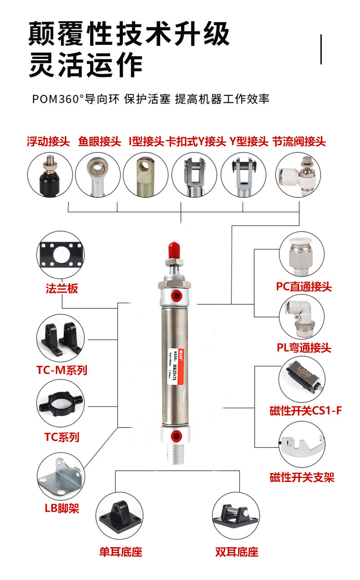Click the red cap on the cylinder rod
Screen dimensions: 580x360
174,250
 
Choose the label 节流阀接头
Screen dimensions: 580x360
299,142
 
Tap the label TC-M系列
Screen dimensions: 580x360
62,370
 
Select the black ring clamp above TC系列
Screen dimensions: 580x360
59,403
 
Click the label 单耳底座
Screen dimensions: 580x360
121,552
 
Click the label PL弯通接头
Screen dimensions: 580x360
304,348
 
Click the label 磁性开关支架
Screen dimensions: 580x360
302,477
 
